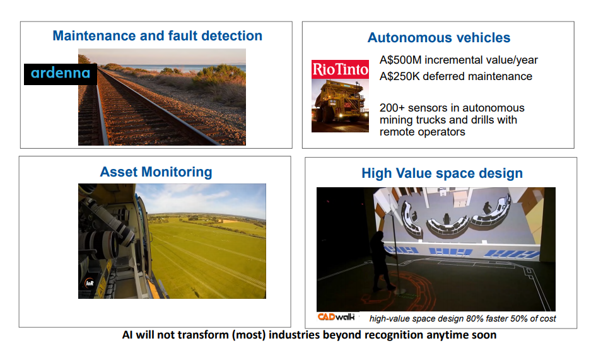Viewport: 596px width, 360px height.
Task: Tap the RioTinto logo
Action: [340, 69]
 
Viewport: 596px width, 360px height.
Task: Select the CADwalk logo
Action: [336, 316]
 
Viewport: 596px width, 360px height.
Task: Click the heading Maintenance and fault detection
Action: [158, 36]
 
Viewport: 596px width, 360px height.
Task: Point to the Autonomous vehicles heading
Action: [439, 38]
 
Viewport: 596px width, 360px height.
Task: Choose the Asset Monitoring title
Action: [156, 172]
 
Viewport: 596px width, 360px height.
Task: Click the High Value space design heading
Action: [442, 173]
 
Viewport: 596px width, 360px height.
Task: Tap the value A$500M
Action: [400, 60]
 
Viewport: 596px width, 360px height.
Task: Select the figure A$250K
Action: [399, 76]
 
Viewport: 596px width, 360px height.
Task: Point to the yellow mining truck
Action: [339, 101]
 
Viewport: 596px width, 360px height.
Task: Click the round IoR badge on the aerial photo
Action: [90, 283]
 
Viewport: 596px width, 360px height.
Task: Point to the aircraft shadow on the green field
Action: [196, 292]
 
